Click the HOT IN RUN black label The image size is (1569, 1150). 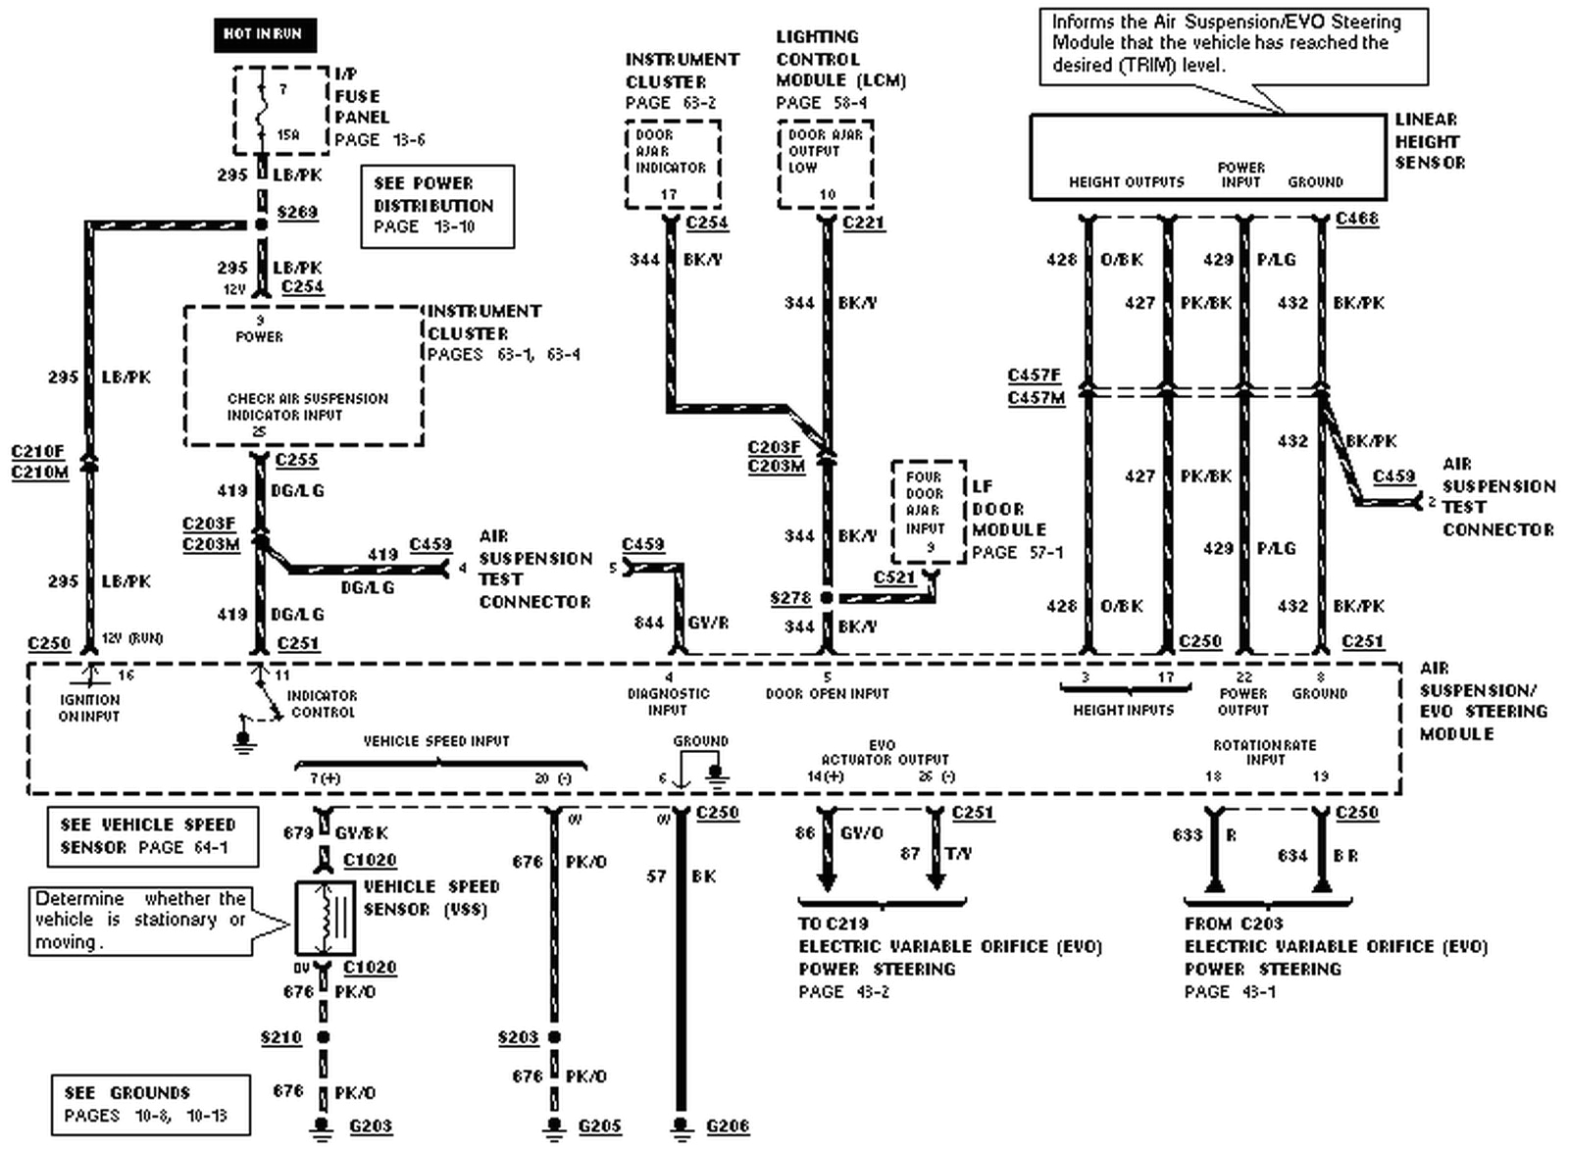click(264, 34)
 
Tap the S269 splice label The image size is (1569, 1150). click(297, 212)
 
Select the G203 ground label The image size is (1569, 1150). click(371, 1126)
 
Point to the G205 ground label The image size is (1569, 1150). click(599, 1126)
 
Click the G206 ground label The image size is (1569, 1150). click(728, 1126)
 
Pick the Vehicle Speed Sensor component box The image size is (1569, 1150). click(325, 918)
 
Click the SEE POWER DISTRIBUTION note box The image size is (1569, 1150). click(437, 206)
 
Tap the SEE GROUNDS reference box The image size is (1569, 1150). click(150, 1104)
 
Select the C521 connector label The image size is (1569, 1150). click(893, 577)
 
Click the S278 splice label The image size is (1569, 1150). click(790, 597)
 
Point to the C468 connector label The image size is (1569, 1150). click(1357, 219)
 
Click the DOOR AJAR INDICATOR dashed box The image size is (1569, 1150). click(673, 164)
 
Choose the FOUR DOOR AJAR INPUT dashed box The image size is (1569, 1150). click(928, 511)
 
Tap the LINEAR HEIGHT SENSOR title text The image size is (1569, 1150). click(1430, 141)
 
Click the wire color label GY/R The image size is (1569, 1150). click(708, 623)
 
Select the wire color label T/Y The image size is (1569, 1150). click(958, 854)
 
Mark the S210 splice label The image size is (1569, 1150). click(280, 1037)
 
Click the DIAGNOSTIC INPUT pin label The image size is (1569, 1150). click(668, 701)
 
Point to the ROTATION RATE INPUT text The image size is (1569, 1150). click(1265, 752)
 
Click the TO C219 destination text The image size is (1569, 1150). click(833, 924)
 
